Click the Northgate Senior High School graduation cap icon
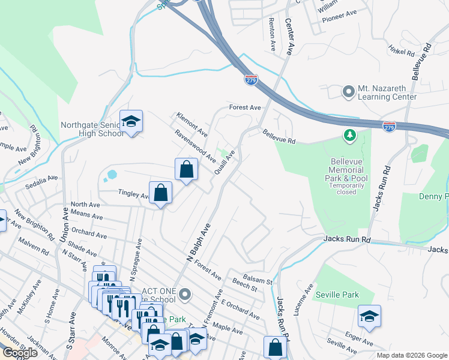131,122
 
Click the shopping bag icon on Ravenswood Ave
187,169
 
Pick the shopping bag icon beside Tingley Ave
161,193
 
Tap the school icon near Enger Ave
369,317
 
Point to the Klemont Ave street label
191,124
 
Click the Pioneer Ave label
339,12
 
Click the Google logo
20,353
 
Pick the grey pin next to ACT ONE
185,294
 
